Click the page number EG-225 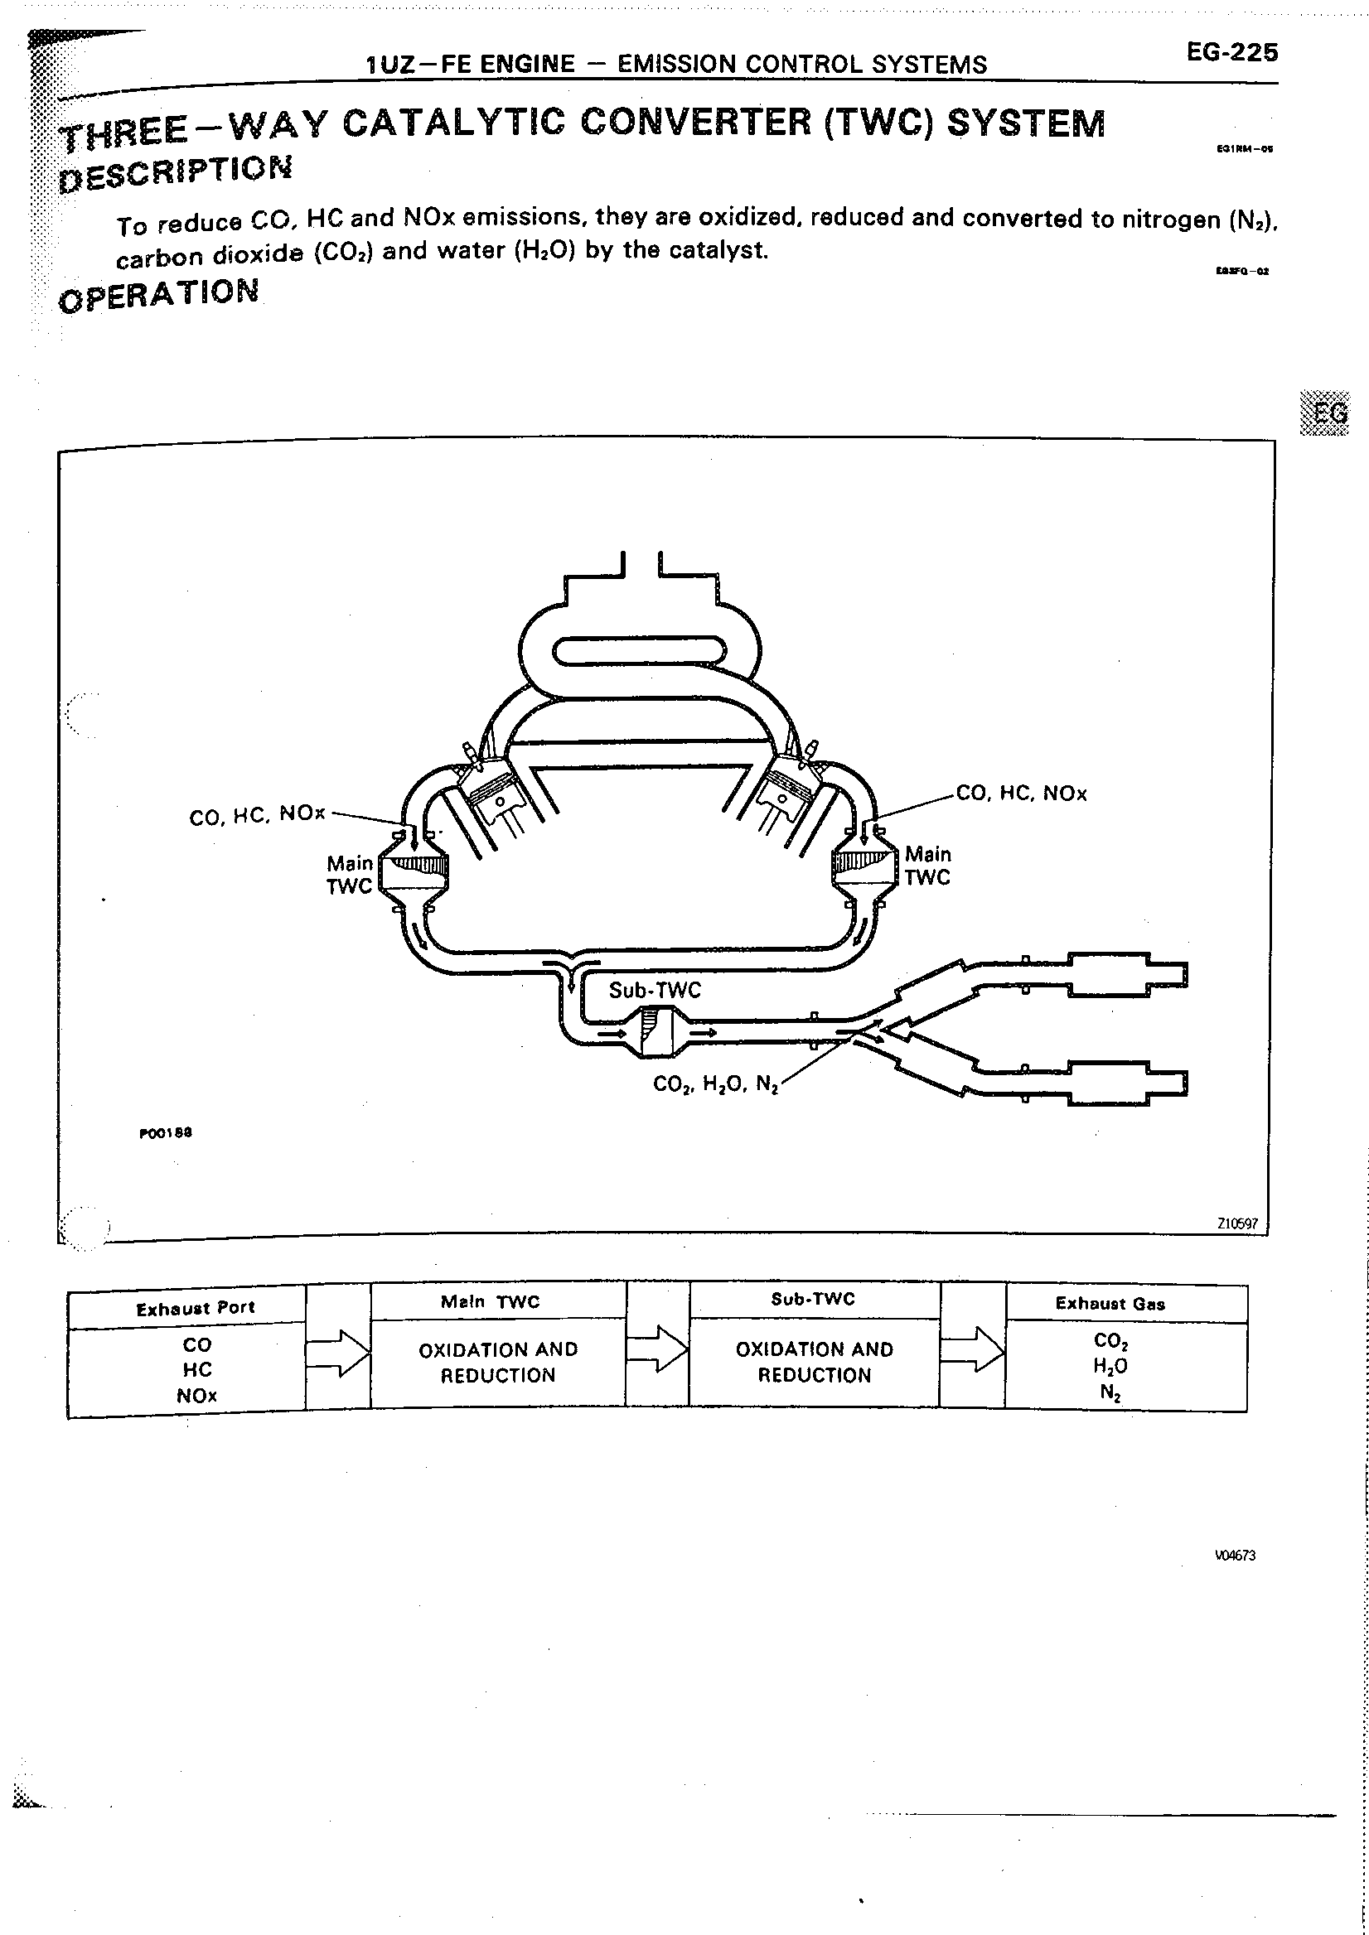[1231, 52]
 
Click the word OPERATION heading [159, 294]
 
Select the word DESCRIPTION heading [176, 171]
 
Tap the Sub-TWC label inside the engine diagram [654, 989]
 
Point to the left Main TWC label [349, 874]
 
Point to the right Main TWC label [927, 866]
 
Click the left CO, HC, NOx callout [257, 815]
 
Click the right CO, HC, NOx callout [1021, 793]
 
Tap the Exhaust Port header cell [195, 1308]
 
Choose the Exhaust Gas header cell [1110, 1304]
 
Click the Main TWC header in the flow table [490, 1302]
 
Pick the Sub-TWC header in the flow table [813, 1300]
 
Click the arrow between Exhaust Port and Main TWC [337, 1353]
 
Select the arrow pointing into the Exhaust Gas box [972, 1349]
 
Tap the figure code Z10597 [1236, 1223]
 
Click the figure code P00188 [166, 1132]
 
